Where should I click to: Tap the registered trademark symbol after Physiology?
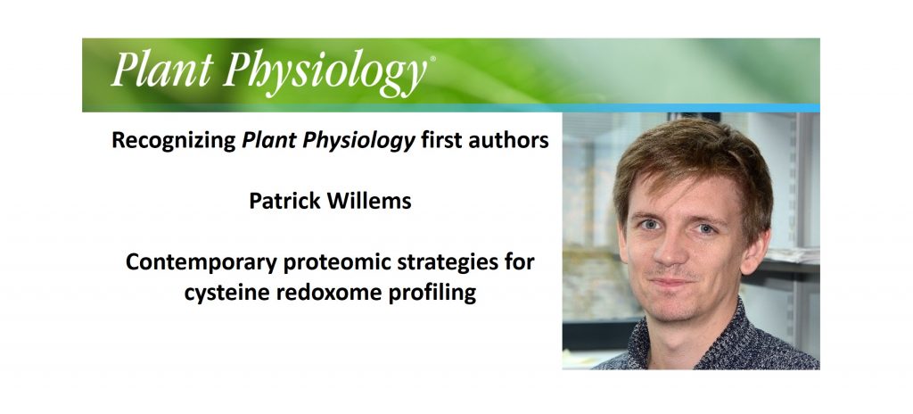[432, 61]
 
